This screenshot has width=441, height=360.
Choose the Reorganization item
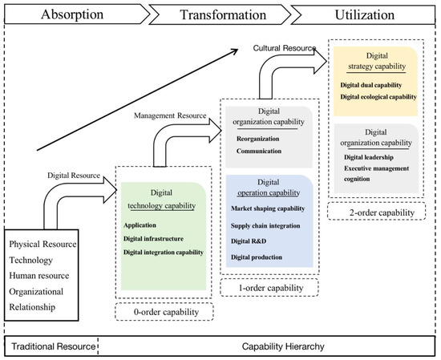pyautogui.click(x=257, y=139)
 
